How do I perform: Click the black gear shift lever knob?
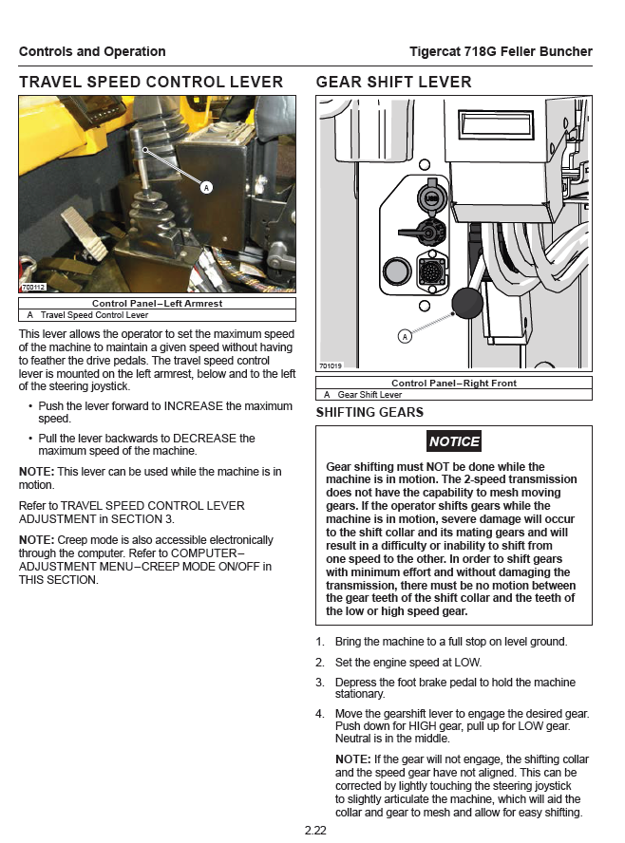tap(467, 302)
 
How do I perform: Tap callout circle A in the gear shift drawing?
tap(406, 336)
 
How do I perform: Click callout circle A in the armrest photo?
tap(206, 188)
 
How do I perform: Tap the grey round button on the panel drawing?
tap(393, 272)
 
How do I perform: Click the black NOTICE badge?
tap(454, 441)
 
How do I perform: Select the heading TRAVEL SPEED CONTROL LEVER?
tap(151, 83)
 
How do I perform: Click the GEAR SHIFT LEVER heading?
tap(393, 83)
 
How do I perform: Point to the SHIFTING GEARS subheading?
tap(369, 413)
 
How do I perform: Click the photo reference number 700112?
tap(33, 287)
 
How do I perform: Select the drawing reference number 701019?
tap(331, 365)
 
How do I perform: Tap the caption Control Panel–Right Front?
tap(454, 384)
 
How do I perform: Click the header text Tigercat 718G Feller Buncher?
tap(501, 51)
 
